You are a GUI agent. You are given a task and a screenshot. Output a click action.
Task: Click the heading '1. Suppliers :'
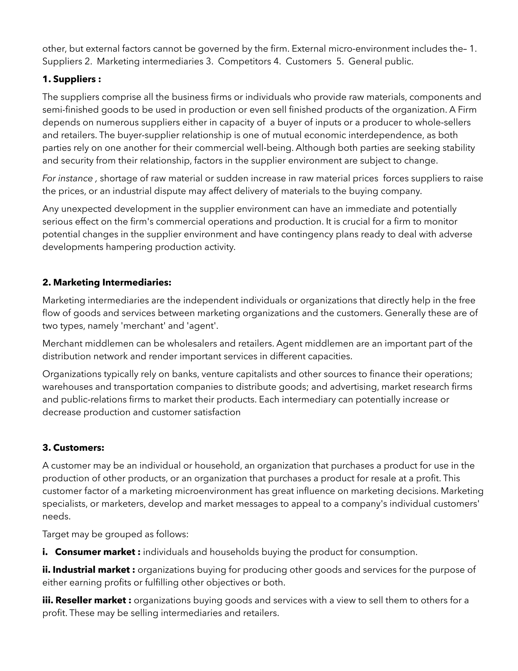point(72,79)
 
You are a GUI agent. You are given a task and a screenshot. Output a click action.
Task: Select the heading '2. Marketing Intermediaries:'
point(107,282)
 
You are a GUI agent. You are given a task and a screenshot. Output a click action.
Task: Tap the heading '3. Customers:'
point(73,448)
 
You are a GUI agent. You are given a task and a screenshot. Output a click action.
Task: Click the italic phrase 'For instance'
point(68,178)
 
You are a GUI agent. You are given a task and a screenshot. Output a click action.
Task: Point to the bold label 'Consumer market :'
point(98,552)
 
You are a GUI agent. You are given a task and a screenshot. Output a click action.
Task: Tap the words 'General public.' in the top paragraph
point(381,62)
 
